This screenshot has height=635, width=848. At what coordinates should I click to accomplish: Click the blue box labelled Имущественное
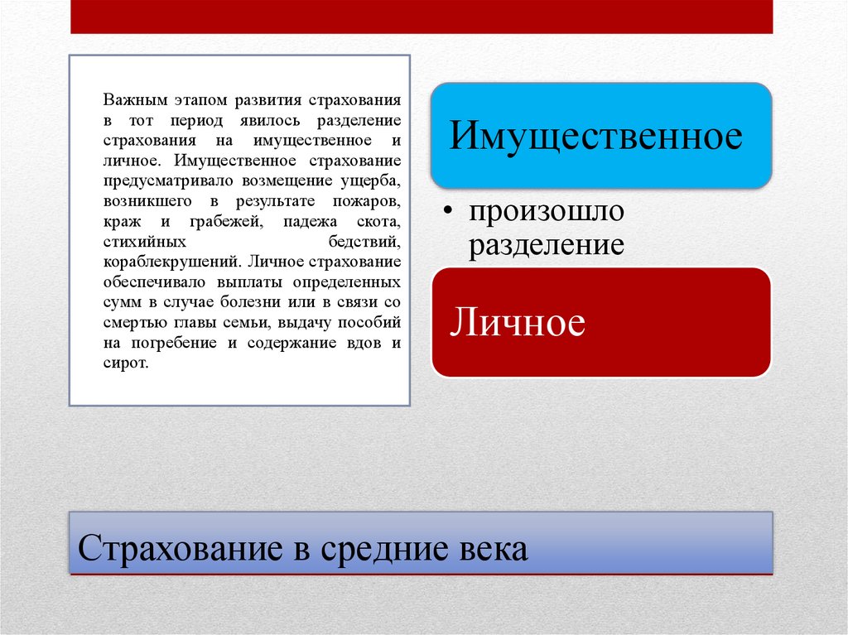tap(600, 135)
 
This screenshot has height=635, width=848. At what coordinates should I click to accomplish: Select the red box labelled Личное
tap(600, 322)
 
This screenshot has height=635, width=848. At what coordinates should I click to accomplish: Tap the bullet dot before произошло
tap(447, 213)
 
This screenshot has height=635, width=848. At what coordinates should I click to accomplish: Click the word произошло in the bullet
tap(547, 211)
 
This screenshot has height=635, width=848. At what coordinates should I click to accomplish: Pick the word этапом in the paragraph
tap(200, 100)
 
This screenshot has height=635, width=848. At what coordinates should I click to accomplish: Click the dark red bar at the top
tap(422, 17)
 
